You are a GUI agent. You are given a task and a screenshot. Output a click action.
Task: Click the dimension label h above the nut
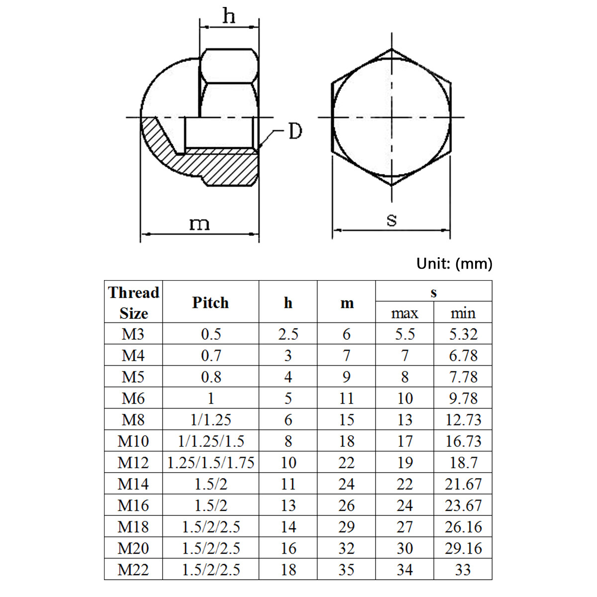point(228,16)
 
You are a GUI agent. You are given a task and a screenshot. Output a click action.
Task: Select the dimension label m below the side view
point(199,224)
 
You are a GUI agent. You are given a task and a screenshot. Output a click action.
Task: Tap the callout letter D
point(295,131)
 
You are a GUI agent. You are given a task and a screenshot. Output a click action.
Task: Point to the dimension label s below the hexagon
point(392,219)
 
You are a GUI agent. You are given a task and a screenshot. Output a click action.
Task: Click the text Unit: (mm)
point(454,263)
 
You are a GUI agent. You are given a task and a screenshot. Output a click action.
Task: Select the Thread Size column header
point(133,302)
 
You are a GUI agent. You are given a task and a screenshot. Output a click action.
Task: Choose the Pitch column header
point(210,302)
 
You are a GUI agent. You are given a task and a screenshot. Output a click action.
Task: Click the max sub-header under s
point(404,313)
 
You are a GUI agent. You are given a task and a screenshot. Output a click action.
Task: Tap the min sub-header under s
point(463,313)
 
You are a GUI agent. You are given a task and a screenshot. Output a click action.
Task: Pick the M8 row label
point(133,420)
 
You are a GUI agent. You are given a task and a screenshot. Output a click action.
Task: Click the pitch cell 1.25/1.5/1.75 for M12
point(210,463)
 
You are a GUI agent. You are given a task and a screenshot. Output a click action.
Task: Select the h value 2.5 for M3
point(288,334)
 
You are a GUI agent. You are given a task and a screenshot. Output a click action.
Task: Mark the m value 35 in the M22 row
point(346,570)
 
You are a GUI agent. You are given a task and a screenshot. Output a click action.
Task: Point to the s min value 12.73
point(463,420)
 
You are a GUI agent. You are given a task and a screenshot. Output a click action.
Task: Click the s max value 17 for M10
point(404,441)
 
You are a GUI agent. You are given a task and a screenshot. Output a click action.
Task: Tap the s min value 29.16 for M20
point(463,548)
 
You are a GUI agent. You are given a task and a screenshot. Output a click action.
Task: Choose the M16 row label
point(133,505)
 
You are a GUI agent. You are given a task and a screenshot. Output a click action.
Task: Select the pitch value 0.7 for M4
point(210,356)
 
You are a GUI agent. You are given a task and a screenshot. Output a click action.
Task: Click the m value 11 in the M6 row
point(346,398)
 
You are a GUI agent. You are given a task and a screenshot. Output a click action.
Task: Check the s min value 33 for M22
point(463,570)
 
